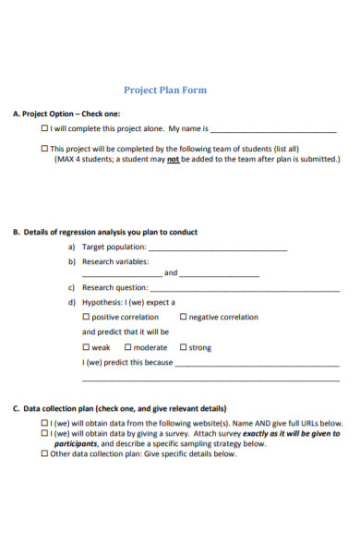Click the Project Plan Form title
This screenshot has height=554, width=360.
point(165,90)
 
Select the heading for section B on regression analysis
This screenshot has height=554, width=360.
point(104,233)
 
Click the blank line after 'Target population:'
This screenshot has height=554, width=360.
point(218,248)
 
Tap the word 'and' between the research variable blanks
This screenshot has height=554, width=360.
point(171,273)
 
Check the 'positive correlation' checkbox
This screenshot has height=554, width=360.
point(87,317)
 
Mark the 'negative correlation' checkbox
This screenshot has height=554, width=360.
point(184,317)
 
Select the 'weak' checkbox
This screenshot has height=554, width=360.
point(87,347)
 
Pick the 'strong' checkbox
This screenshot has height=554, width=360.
point(183,347)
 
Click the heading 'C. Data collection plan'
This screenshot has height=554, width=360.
point(120,407)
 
